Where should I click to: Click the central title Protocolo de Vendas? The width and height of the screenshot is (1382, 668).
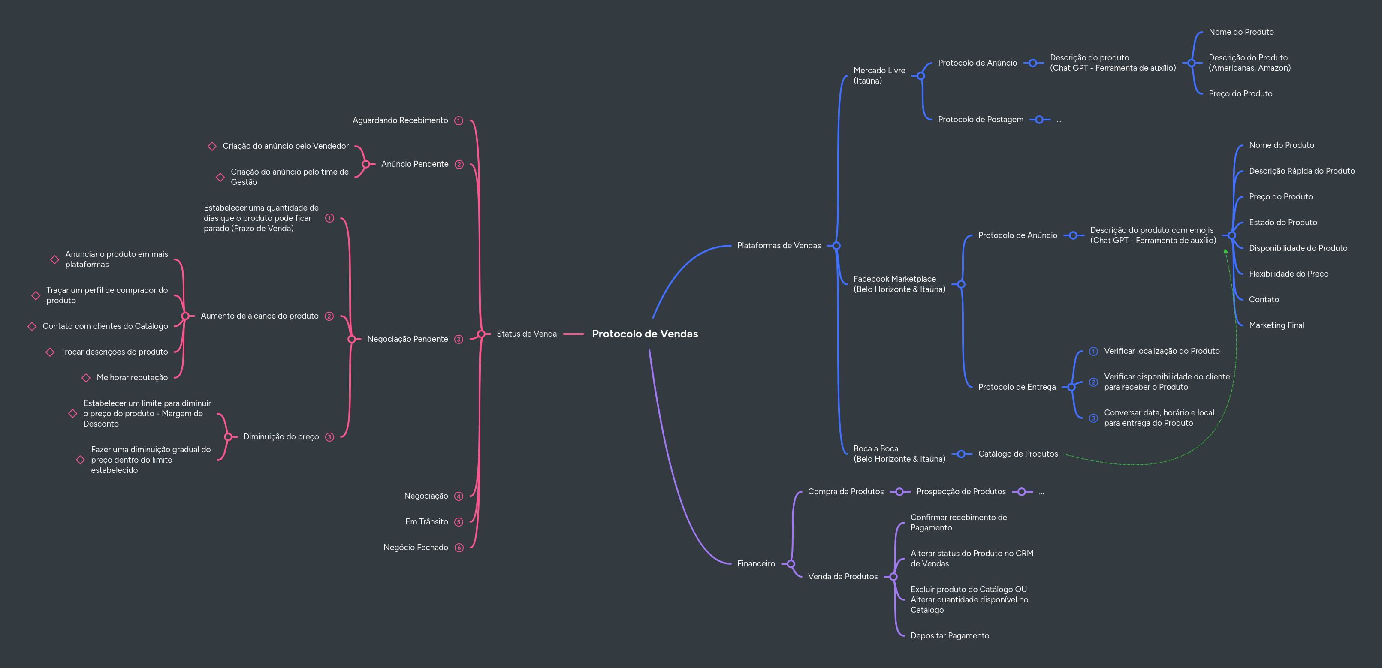(x=644, y=334)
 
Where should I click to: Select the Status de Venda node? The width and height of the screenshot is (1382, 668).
(x=526, y=334)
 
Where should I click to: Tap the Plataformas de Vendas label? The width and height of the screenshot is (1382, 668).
(x=779, y=246)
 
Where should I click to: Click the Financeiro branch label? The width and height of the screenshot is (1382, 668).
(x=755, y=563)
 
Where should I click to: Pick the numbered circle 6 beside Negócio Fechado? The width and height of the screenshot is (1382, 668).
(x=459, y=548)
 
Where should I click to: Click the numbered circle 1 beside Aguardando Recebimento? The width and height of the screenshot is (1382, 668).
(x=459, y=120)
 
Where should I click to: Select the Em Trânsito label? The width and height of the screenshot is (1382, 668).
(x=426, y=522)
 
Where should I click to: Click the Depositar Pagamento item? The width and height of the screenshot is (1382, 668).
(x=950, y=636)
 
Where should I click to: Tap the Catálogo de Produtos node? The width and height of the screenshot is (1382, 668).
(x=1018, y=454)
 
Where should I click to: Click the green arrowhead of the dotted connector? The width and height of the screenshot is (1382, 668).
(x=1225, y=251)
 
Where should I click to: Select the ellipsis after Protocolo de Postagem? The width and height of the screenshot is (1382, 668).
(x=1059, y=120)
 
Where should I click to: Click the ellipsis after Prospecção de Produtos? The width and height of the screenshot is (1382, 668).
(x=1041, y=492)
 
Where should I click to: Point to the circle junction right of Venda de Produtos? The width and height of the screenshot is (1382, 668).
(x=893, y=577)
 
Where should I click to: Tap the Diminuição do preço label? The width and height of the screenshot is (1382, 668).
(x=281, y=437)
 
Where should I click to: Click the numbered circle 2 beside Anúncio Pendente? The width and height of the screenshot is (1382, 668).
(x=459, y=165)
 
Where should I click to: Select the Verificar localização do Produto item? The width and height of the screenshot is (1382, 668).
(x=1162, y=351)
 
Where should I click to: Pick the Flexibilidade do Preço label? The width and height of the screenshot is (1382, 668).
(x=1288, y=274)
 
